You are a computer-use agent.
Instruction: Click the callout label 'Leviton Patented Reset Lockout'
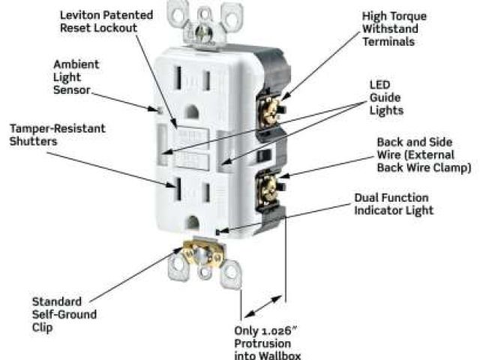[x=117, y=21]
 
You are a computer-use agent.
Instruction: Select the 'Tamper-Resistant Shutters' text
[x=57, y=135]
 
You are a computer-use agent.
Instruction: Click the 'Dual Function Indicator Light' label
[x=393, y=204]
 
